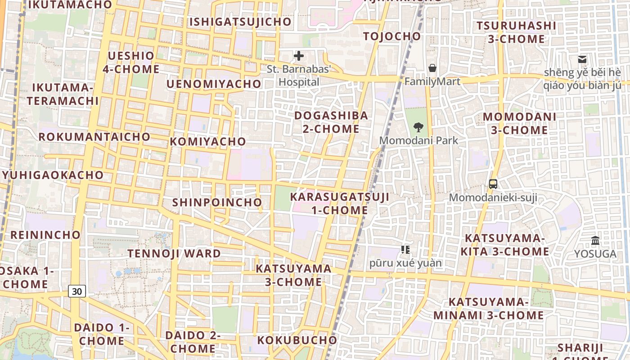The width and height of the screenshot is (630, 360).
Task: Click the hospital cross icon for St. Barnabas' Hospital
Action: click(298, 56)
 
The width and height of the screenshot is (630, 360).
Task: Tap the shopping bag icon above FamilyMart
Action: click(432, 68)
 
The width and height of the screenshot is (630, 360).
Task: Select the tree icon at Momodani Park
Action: click(418, 127)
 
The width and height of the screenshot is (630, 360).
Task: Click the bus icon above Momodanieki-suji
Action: click(493, 184)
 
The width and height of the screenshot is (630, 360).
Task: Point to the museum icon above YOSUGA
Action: click(595, 240)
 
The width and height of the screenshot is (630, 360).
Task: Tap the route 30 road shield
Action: click(77, 291)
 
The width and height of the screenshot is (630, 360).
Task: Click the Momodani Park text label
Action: click(418, 140)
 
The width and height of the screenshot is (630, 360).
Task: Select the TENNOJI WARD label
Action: click(174, 253)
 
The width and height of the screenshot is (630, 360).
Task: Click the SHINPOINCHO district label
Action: click(217, 202)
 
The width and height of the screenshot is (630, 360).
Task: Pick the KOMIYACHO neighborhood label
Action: click(208, 141)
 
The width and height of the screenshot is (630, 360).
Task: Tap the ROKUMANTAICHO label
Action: click(94, 136)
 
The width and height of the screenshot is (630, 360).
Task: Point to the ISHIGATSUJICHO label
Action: click(240, 22)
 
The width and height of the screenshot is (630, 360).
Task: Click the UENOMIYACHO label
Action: click(214, 84)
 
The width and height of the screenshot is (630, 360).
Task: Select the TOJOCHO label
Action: click(392, 36)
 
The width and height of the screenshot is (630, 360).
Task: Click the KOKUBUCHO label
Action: click(297, 340)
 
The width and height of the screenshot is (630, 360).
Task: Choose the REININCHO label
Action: click(45, 234)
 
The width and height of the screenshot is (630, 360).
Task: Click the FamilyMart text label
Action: click(432, 81)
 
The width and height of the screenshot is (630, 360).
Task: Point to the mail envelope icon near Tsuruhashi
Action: click(582, 59)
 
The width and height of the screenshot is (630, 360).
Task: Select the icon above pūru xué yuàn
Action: click(405, 249)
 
